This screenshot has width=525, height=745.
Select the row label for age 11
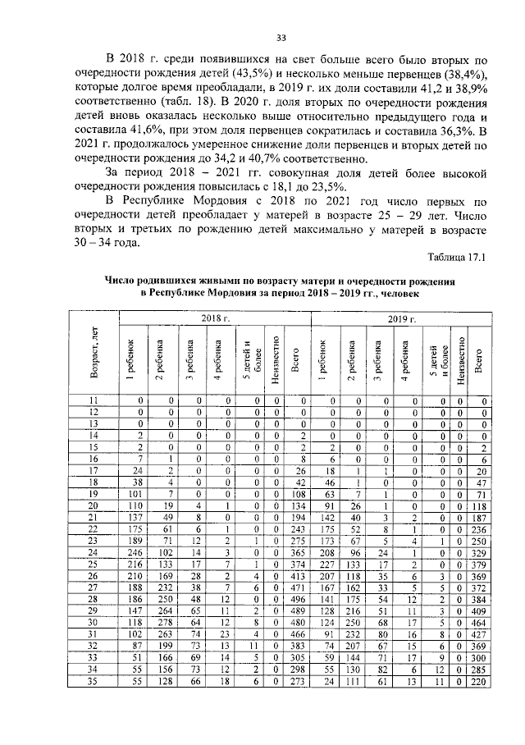coord(94,400)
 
